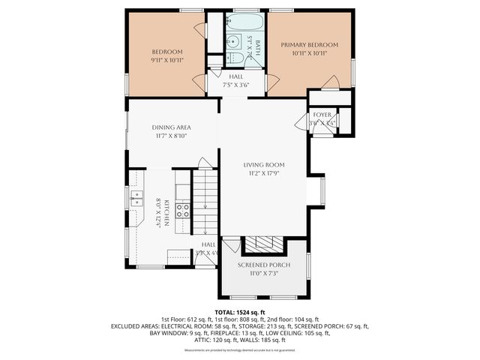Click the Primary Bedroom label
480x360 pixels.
click(310, 45)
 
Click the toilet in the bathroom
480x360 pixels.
click(235, 57)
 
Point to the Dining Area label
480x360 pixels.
click(172, 127)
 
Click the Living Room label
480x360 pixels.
click(263, 165)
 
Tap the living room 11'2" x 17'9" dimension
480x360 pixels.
click(263, 174)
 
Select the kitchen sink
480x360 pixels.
click(137, 198)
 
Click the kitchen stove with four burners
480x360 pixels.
click(182, 211)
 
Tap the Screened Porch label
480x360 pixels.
click(263, 265)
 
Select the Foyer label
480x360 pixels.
click(322, 115)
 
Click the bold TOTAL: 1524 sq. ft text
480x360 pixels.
click(240, 311)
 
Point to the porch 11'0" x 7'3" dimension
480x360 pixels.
click(263, 274)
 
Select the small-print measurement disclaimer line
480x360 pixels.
click(240, 350)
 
